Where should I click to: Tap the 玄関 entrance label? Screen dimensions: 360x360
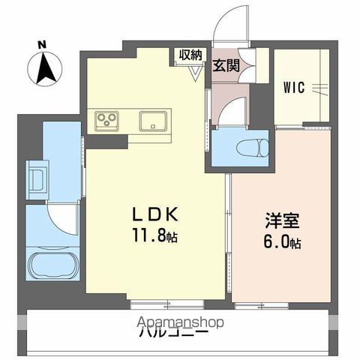click(x=226, y=64)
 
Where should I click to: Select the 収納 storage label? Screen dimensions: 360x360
click(x=190, y=55)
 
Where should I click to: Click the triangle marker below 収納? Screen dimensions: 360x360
click(x=197, y=72)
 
